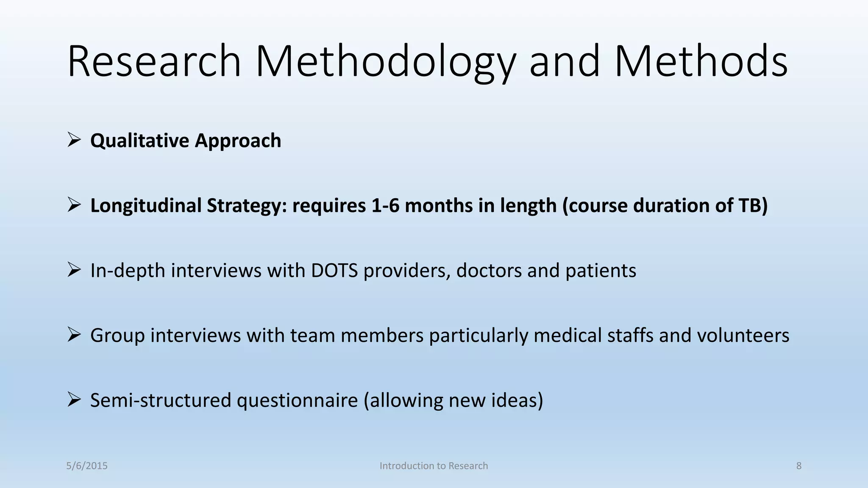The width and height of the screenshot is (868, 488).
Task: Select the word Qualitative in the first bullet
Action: [139, 141]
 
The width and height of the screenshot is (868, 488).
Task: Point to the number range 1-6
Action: [385, 206]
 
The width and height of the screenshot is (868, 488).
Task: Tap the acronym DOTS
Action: [334, 271]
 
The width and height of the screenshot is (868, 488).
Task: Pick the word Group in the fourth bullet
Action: [117, 335]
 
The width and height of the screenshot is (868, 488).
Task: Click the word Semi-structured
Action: [161, 400]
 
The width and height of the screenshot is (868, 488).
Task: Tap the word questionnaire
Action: [297, 400]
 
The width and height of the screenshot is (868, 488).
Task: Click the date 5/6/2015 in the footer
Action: [87, 466]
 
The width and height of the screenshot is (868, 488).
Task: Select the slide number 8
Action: [799, 466]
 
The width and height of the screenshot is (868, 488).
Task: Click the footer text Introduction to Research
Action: [434, 466]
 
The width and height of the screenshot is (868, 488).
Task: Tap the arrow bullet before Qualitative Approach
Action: [74, 140]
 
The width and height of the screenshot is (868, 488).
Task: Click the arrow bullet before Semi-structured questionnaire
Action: [74, 399]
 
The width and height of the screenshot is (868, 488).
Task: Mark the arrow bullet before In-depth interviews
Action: [74, 270]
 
